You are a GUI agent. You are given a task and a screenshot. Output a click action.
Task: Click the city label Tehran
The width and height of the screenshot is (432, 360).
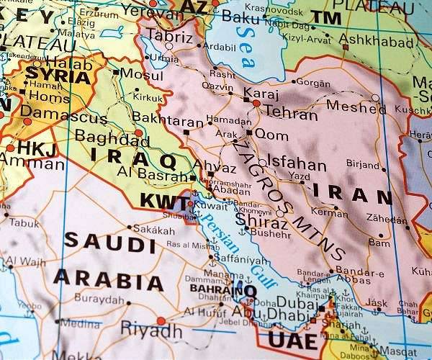click(290, 113)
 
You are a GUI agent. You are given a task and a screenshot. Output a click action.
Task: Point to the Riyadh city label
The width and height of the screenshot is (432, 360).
click(151, 330)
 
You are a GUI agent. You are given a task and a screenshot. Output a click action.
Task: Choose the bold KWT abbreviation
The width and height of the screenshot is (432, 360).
click(163, 202)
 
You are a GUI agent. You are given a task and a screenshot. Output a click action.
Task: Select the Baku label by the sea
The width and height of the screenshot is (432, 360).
click(240, 15)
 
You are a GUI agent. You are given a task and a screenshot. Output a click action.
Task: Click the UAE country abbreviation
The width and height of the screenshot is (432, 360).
click(292, 339)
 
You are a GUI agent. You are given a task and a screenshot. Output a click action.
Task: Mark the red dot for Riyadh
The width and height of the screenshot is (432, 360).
click(161, 320)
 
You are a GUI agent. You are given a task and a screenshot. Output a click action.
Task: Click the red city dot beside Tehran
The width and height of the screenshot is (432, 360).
click(256, 104)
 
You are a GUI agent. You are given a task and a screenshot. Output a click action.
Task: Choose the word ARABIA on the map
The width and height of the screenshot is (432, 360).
click(108, 279)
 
